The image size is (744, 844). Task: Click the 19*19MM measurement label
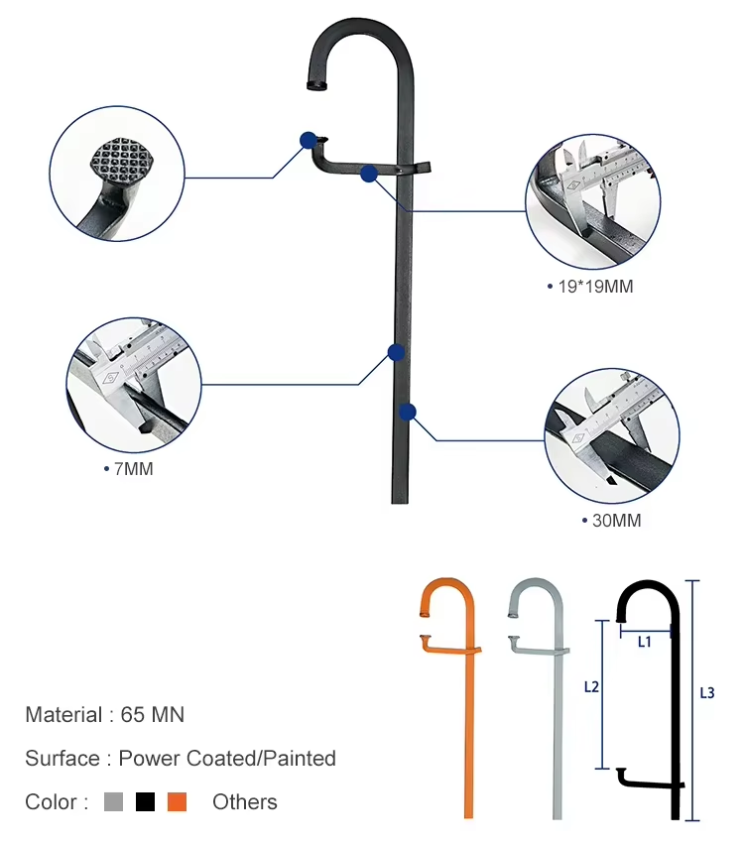pos(592,287)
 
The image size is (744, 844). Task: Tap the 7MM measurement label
pos(131,468)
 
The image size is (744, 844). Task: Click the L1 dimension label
pos(644,642)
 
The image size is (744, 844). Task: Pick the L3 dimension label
pos(707,693)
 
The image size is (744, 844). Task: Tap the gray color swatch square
pos(113,801)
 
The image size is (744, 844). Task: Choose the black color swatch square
pos(145,801)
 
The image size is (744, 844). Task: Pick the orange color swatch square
pos(177,801)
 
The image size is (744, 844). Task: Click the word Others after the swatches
pos(244,801)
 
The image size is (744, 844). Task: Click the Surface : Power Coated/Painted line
pos(181,759)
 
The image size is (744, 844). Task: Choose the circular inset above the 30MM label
pos(612,436)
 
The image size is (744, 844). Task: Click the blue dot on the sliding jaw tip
pos(309,140)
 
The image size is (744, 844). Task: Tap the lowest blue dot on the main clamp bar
pos(407,411)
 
